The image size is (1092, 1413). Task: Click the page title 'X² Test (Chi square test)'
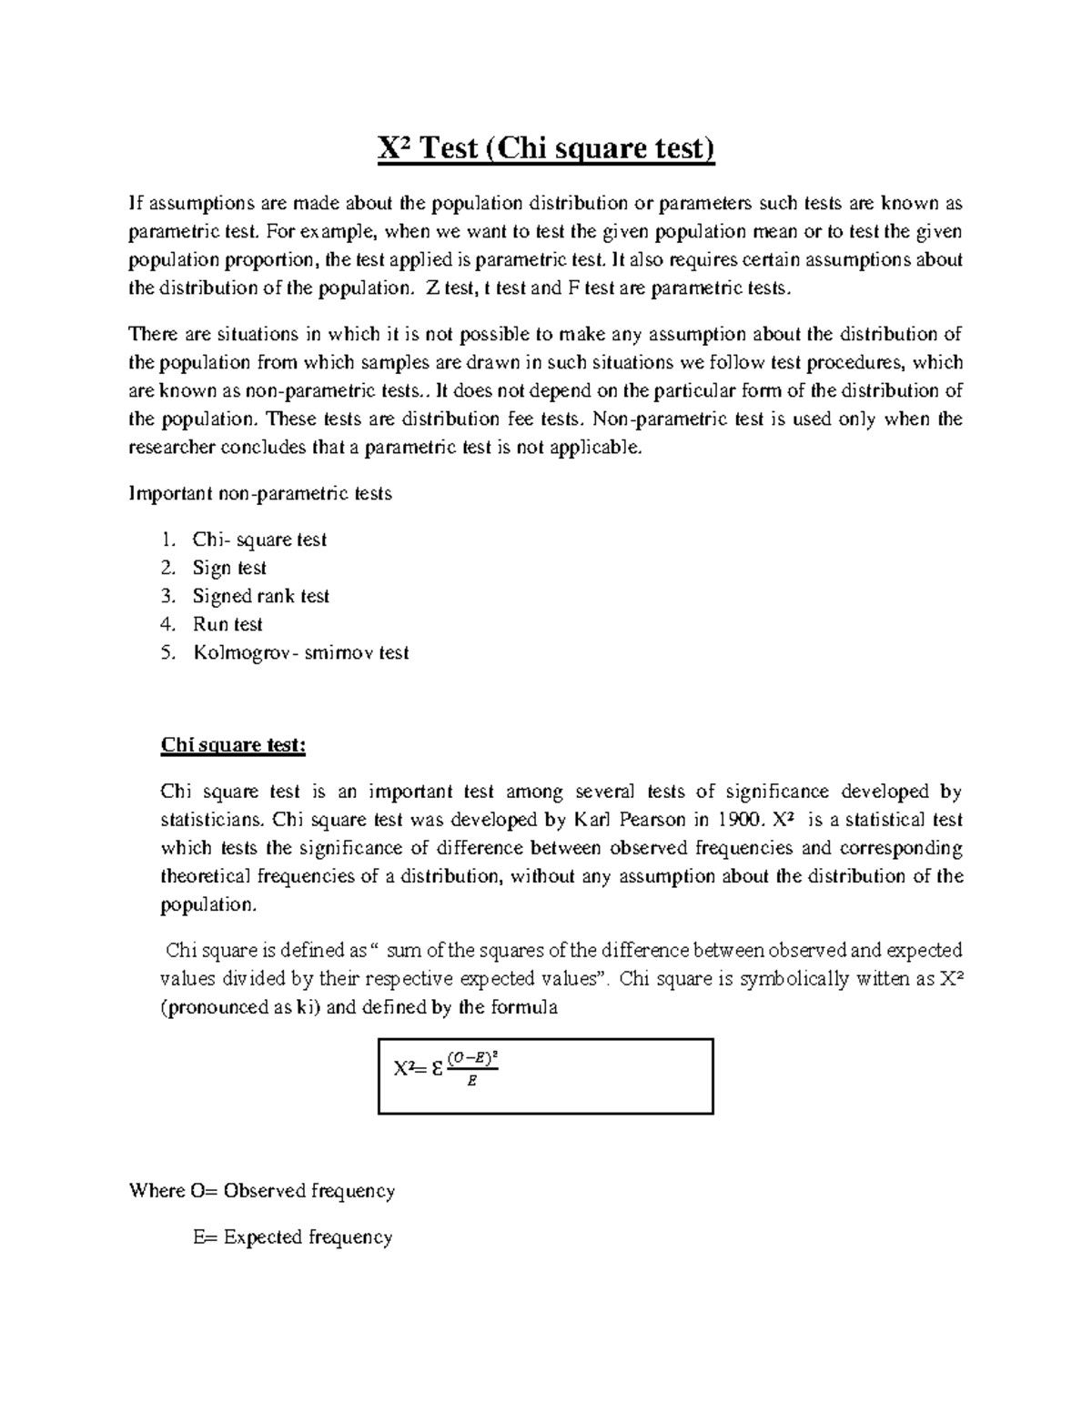point(546,147)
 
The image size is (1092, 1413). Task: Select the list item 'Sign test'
point(229,569)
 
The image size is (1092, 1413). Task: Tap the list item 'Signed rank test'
point(260,597)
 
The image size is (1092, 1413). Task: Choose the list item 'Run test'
point(227,625)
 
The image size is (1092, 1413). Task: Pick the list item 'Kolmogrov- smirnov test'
point(300,653)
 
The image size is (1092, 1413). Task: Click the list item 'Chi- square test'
point(258,540)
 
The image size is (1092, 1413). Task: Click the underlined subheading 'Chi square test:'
point(233,745)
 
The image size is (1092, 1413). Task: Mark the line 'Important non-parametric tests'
point(260,494)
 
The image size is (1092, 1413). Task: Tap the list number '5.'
point(167,653)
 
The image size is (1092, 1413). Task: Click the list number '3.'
point(167,597)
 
